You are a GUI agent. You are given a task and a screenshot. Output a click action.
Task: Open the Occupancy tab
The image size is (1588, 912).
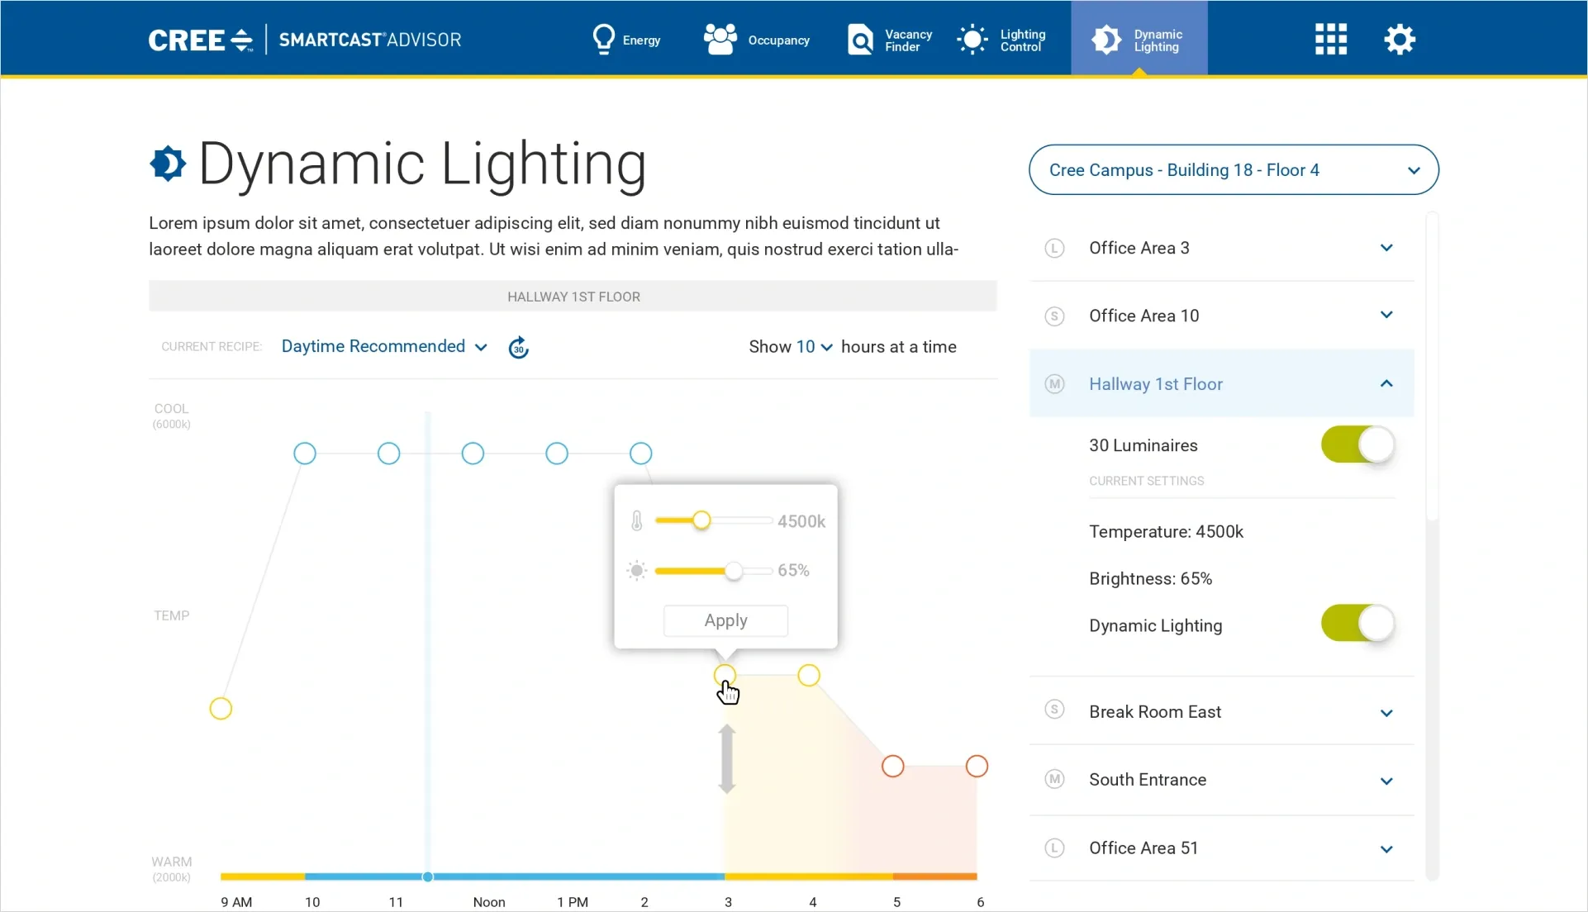pyautogui.click(x=756, y=40)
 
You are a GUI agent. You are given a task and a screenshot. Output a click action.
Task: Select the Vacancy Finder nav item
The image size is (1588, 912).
pyautogui.click(x=890, y=40)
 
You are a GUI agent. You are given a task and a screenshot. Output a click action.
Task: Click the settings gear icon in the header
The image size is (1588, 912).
pyautogui.click(x=1399, y=39)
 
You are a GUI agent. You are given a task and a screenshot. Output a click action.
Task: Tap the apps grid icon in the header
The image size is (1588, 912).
pyautogui.click(x=1330, y=39)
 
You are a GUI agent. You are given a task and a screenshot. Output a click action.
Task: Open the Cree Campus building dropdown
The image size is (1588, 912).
pyautogui.click(x=1233, y=170)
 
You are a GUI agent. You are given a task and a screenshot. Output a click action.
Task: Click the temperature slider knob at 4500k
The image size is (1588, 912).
pyautogui.click(x=701, y=520)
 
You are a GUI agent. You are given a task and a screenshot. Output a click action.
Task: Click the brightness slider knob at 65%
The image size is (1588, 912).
pyautogui.click(x=733, y=571)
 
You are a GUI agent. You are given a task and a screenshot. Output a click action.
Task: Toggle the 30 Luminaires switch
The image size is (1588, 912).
pyautogui.click(x=1357, y=445)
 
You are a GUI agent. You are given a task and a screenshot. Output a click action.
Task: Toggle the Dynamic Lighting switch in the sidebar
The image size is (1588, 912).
pyautogui.click(x=1357, y=624)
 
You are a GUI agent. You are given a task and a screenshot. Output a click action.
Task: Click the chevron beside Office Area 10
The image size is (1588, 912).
pyautogui.click(x=1386, y=316)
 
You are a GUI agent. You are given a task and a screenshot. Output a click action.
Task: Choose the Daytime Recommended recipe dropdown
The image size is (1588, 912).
pyautogui.click(x=383, y=347)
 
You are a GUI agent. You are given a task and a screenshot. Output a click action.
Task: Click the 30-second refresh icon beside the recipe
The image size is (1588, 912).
pyautogui.click(x=518, y=348)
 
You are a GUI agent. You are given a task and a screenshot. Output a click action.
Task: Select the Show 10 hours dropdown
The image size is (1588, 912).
pyautogui.click(x=814, y=348)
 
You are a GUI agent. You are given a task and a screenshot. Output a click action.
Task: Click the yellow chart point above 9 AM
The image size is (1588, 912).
pyautogui.click(x=221, y=709)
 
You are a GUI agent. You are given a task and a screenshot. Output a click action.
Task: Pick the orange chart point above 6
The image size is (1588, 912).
pyautogui.click(x=977, y=767)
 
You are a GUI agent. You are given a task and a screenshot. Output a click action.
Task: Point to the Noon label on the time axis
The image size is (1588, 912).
pyautogui.click(x=489, y=902)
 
